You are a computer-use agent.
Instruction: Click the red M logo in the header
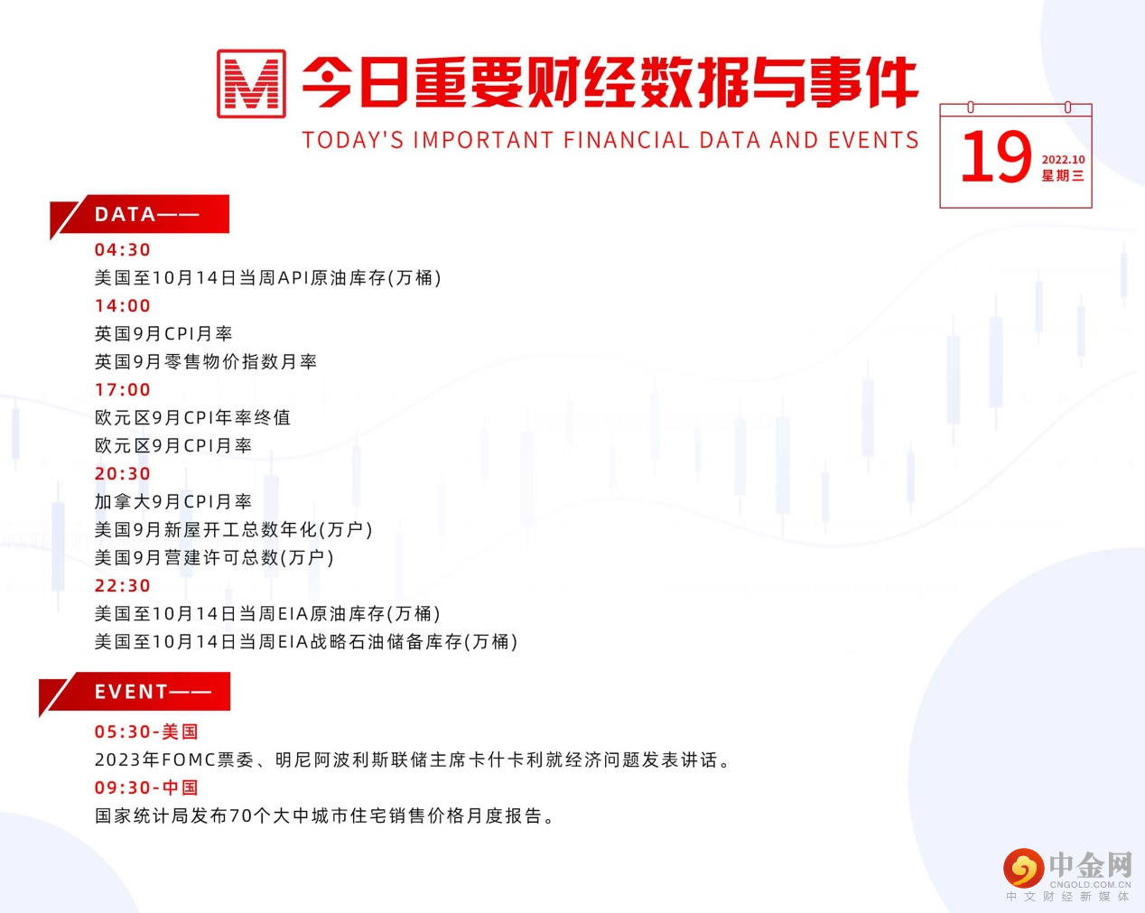pos(251,84)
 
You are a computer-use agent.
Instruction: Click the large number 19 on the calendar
pos(995,157)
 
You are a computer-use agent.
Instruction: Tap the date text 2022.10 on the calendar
pos(1063,160)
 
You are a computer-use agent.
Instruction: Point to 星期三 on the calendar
pos(1063,176)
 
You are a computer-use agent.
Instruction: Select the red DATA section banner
pos(144,215)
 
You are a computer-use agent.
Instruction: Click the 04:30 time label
pos(123,250)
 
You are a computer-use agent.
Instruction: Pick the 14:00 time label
pos(123,306)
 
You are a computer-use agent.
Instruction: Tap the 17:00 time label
pos(123,390)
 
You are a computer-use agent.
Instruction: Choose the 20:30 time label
pos(123,474)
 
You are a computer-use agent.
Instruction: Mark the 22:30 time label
pos(123,586)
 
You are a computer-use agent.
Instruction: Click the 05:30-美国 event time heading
pos(146,732)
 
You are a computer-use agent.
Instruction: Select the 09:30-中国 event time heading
pos(146,788)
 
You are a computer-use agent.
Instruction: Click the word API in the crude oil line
pos(293,278)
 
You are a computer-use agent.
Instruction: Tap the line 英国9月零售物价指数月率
pos(206,362)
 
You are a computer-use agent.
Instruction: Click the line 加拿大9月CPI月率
pos(173,502)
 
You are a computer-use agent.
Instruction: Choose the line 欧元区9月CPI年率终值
pos(192,418)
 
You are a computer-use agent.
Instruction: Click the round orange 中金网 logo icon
pos(1023,869)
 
